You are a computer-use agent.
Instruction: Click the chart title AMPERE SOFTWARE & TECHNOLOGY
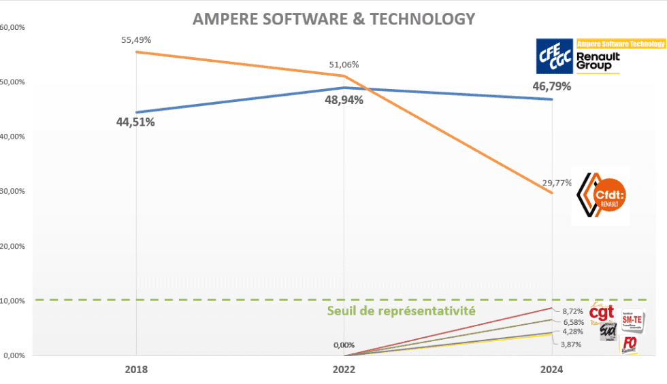click(x=333, y=19)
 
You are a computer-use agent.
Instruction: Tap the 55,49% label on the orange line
click(x=136, y=40)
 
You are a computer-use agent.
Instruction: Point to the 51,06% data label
click(x=344, y=65)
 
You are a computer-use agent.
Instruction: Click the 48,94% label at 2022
click(x=344, y=100)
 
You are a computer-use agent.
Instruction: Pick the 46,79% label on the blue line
click(x=551, y=86)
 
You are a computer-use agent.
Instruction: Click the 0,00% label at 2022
click(x=344, y=345)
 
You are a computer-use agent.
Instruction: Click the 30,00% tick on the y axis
click(x=13, y=192)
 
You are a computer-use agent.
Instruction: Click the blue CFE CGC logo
click(x=554, y=56)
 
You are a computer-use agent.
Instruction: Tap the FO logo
click(x=630, y=344)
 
